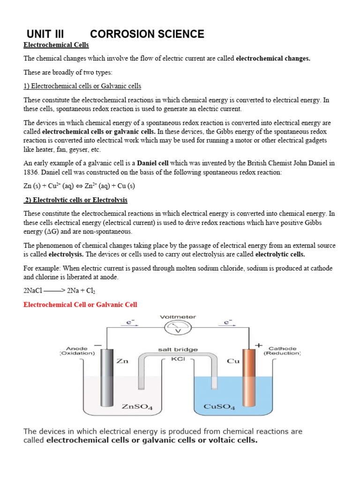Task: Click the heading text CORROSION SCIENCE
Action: (x=147, y=34)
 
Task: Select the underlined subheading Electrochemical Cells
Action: (x=56, y=45)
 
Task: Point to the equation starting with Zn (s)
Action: (x=79, y=186)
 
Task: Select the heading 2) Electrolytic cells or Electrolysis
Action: (x=76, y=200)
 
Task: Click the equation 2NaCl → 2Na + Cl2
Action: (x=59, y=291)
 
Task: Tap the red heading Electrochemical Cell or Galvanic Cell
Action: (x=80, y=305)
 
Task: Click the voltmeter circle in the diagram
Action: (x=178, y=329)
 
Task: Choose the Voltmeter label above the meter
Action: (x=178, y=317)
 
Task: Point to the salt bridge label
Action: (x=178, y=350)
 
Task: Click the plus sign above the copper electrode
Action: (x=258, y=345)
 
